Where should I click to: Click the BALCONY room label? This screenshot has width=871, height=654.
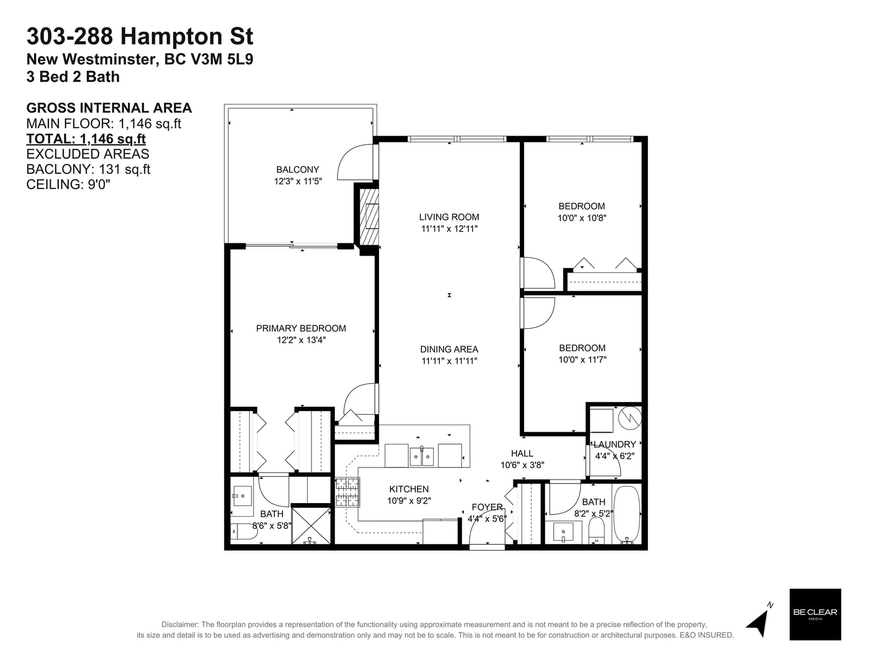[x=298, y=169]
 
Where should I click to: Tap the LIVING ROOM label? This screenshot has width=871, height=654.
[x=449, y=217]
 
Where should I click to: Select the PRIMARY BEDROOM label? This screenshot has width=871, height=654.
[x=301, y=328]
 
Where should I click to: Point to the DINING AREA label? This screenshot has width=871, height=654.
[x=449, y=349]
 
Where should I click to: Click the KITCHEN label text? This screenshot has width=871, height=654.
[x=409, y=489]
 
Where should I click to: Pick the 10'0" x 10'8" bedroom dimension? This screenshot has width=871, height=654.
[x=582, y=217]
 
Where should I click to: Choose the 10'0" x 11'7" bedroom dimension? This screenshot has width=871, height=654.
[x=582, y=359]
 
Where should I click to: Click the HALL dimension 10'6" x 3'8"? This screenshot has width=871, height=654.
[x=522, y=464]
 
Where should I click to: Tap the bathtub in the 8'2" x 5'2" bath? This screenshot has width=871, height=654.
[x=627, y=514]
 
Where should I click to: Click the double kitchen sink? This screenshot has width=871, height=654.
[x=421, y=457]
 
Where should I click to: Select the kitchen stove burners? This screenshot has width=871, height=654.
[x=348, y=492]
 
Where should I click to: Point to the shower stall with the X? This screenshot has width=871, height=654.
[x=311, y=525]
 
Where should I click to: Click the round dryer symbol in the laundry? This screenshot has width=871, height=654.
[x=630, y=417]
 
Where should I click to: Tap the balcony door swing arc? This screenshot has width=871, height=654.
[x=345, y=157]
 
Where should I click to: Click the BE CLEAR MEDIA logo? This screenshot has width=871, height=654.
[x=815, y=614]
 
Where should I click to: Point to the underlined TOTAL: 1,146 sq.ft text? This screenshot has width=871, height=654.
[x=86, y=138]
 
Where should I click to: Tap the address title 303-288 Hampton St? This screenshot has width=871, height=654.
[x=140, y=36]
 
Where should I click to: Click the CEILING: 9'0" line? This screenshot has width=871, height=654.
[x=68, y=184]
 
